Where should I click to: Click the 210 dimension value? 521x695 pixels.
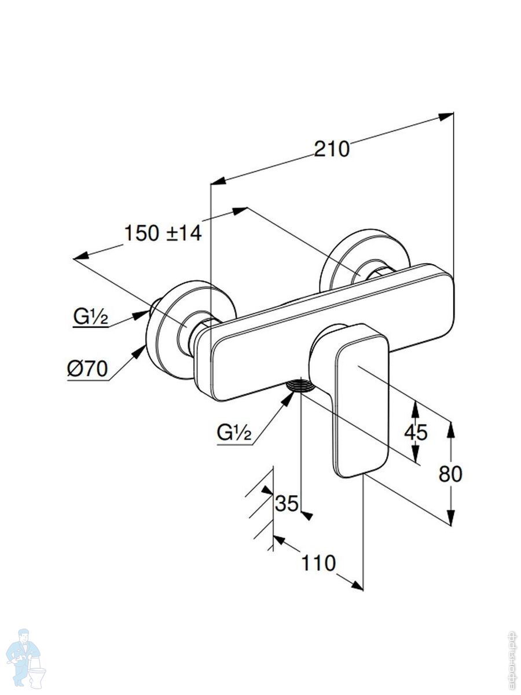click(x=332, y=149)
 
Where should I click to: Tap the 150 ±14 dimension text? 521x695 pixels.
click(x=163, y=233)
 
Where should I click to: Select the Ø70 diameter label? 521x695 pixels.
click(x=87, y=369)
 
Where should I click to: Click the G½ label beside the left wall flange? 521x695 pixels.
click(x=90, y=316)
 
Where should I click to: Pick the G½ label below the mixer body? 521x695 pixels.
click(x=234, y=433)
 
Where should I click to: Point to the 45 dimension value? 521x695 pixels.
click(x=416, y=432)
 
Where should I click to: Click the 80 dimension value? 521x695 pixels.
click(x=450, y=474)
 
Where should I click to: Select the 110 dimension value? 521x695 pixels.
click(x=318, y=562)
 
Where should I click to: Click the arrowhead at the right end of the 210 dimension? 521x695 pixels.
click(x=446, y=116)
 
